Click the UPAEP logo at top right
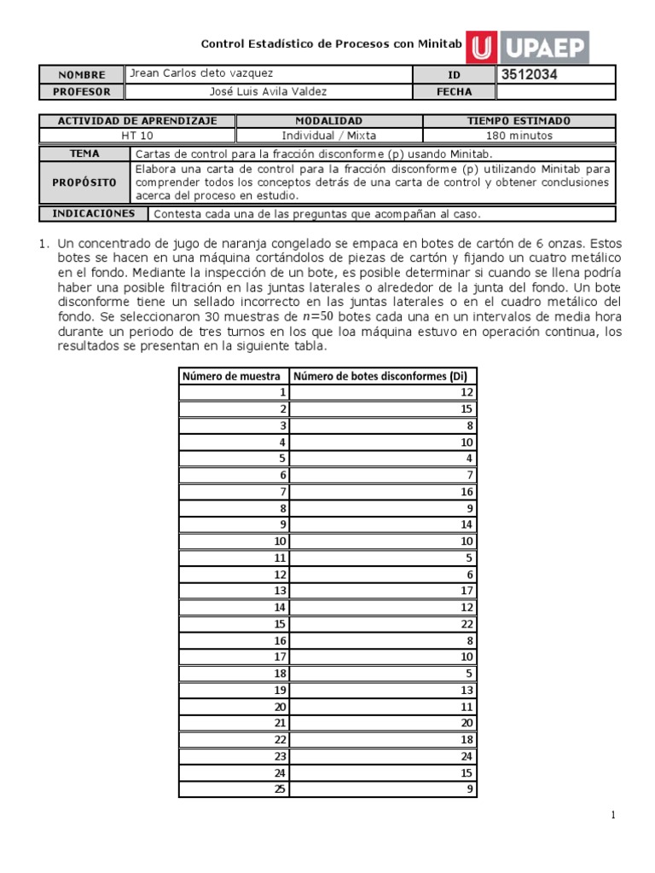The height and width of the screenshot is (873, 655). coord(530,47)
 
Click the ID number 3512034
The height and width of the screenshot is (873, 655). coord(529,75)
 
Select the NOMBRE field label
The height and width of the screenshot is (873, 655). coord(81,75)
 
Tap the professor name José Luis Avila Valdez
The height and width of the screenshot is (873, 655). coord(268,92)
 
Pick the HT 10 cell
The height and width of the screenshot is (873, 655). coord(137,136)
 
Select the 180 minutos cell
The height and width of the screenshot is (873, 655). coord(519,136)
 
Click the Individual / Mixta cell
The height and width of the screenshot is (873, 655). coord(328,136)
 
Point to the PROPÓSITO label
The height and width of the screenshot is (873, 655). coord(84,182)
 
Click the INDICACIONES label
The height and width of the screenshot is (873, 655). coord(94,213)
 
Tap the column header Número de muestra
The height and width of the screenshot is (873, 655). coord(233,376)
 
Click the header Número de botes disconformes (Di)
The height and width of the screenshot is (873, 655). coord(383,376)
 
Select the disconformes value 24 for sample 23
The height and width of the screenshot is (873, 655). coord(466,757)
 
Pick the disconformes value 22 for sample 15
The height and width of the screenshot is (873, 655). coord(466,624)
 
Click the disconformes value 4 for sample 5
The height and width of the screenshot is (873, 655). coord(468,458)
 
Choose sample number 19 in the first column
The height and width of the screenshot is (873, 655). coord(280,691)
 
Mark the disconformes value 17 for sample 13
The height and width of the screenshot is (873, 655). coord(466,591)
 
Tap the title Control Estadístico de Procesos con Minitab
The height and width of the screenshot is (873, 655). coord(331,43)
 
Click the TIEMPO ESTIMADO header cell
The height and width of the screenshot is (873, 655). coord(519,121)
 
